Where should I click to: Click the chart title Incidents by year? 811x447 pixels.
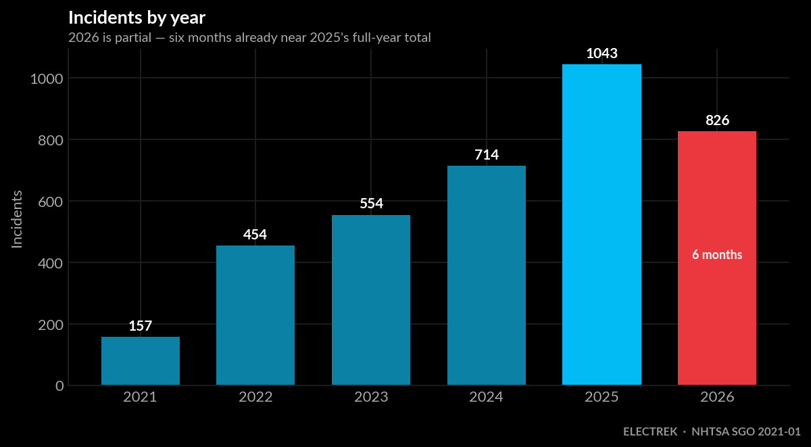pyautogui.click(x=137, y=18)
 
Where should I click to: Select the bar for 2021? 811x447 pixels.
pyautogui.click(x=141, y=361)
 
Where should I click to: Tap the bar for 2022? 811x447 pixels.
pyautogui.click(x=255, y=315)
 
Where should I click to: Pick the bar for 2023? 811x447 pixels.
pyautogui.click(x=371, y=300)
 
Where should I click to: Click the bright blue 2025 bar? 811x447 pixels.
pyautogui.click(x=601, y=225)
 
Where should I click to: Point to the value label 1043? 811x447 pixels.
pyautogui.click(x=601, y=53)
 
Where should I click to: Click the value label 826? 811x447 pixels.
pyautogui.click(x=717, y=120)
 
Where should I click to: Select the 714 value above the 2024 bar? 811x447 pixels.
pyautogui.click(x=487, y=155)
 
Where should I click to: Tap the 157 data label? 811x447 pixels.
pyautogui.click(x=141, y=326)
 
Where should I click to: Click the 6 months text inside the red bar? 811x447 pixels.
pyautogui.click(x=717, y=255)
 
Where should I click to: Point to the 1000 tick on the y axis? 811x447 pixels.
pyautogui.click(x=47, y=78)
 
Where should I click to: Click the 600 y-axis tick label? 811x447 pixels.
pyautogui.click(x=51, y=202)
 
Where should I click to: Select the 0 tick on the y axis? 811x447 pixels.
pyautogui.click(x=59, y=385)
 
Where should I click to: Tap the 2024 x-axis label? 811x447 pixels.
pyautogui.click(x=486, y=397)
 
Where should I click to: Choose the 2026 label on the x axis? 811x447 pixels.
pyautogui.click(x=717, y=397)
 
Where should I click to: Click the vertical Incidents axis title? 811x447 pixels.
pyautogui.click(x=17, y=219)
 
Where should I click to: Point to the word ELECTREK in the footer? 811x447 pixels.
pyautogui.click(x=650, y=431)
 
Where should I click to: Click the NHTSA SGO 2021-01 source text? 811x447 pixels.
pyautogui.click(x=746, y=431)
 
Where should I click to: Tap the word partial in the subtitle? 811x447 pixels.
pyautogui.click(x=133, y=38)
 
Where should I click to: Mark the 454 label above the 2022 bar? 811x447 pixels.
pyautogui.click(x=255, y=235)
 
